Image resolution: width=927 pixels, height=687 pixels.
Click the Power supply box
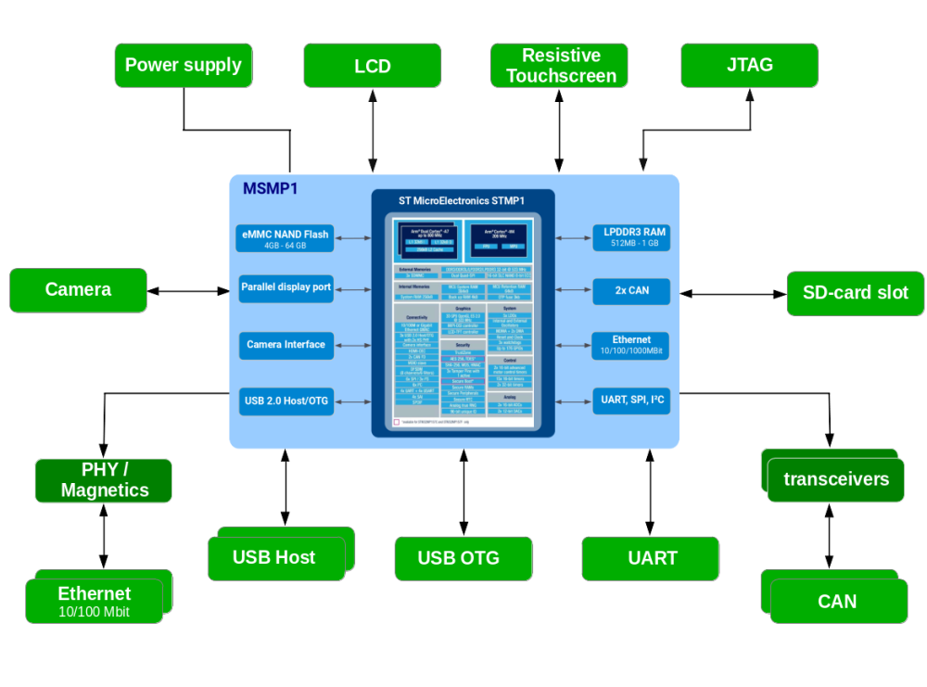point(183,65)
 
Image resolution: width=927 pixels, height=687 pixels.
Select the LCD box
point(372,66)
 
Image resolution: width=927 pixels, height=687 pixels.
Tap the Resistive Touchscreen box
point(560,66)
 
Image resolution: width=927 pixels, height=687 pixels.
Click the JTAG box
point(749,65)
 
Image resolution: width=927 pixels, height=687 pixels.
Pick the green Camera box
point(78,290)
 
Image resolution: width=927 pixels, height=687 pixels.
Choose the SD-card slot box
point(855,293)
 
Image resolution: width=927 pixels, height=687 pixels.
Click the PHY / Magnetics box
point(104,480)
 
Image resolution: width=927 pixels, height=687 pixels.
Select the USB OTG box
point(463,558)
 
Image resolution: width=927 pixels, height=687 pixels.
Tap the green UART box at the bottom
point(652,558)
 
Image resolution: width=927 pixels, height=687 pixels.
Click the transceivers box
point(835,479)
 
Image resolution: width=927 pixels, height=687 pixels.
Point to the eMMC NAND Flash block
point(286,239)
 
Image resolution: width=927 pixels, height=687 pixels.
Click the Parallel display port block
point(286,287)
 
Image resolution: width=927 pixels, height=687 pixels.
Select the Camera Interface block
point(286,345)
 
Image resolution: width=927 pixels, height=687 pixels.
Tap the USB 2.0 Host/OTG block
point(286,401)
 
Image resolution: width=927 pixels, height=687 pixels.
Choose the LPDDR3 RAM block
point(630,236)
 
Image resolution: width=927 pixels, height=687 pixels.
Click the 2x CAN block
point(630,291)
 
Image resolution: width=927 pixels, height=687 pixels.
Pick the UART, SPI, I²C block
point(630,401)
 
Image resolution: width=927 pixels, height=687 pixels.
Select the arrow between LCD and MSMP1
point(373,131)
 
